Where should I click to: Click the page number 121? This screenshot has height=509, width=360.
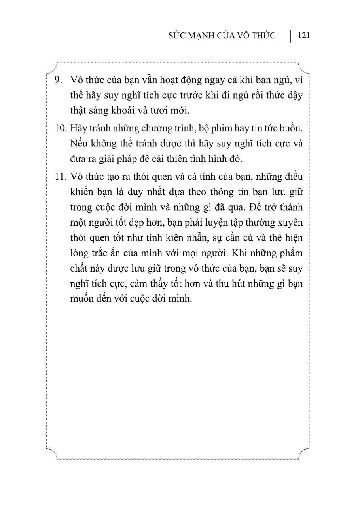[304, 36]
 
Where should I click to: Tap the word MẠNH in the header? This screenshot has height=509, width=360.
[205, 36]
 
